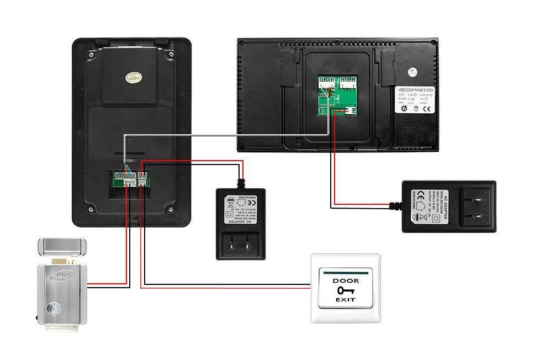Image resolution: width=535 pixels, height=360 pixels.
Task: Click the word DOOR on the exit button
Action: coord(345,280)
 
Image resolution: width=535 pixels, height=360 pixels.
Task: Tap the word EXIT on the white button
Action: coord(345,300)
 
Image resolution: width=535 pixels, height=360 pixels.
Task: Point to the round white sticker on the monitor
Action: coord(411,71)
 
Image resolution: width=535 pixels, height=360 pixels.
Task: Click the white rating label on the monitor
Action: coord(415,100)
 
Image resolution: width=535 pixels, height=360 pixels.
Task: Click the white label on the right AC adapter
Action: coord(425,206)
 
